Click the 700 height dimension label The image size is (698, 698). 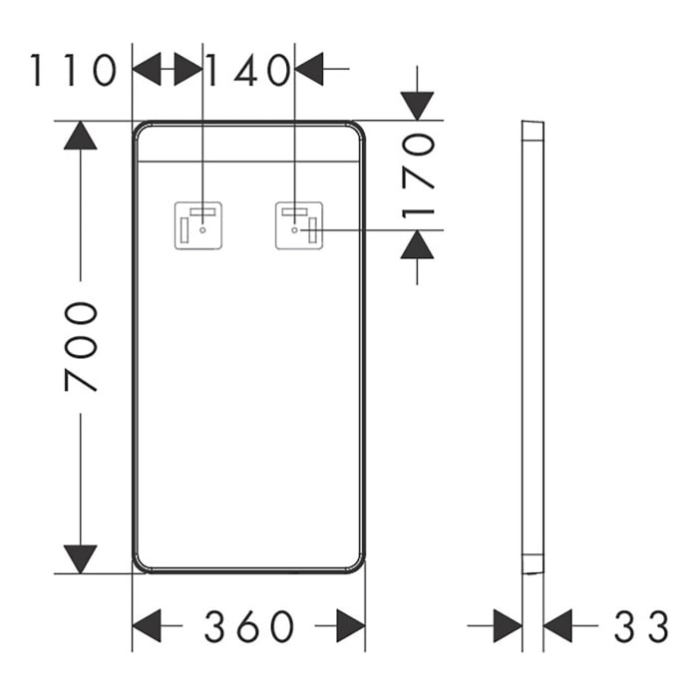coord(82,346)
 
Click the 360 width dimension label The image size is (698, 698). coord(249,627)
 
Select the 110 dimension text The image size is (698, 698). coord(72,71)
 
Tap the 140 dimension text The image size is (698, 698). coord(248,71)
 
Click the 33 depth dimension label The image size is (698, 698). coord(640,627)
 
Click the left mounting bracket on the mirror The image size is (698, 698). coord(199,224)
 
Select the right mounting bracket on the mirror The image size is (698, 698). coord(298,224)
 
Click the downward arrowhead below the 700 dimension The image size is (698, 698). coord(80,559)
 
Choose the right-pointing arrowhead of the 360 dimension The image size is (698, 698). coord(350,627)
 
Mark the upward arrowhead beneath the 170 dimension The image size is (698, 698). coord(418,245)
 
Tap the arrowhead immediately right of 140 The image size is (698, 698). coord(311,70)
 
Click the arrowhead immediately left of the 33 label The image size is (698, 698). coord(557,626)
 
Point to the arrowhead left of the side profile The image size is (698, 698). coord(507,626)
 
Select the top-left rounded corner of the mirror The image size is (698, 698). coord(142,131)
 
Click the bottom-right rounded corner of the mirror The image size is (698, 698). coord(356,563)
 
